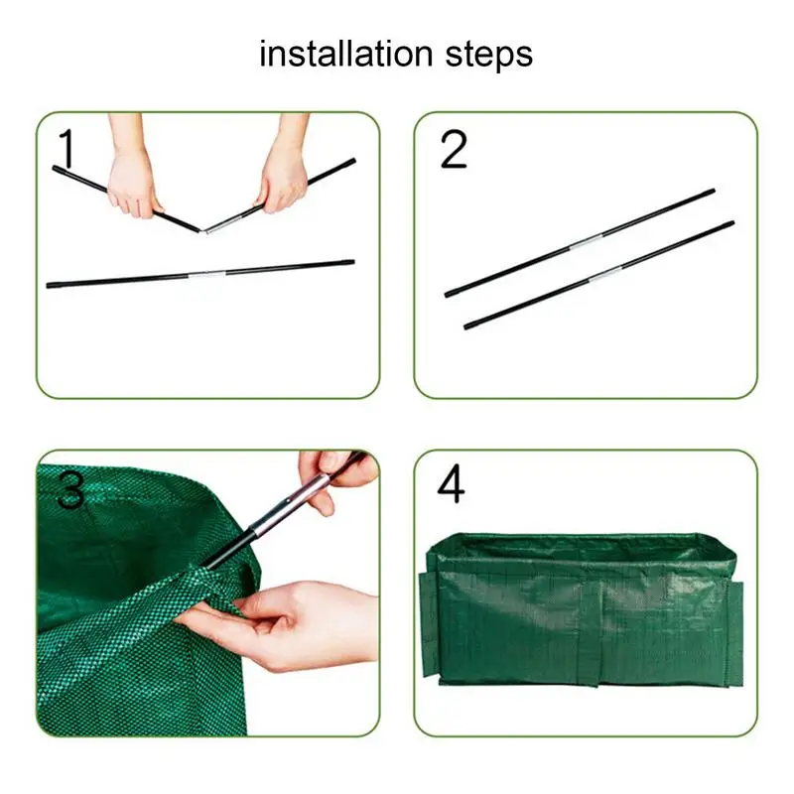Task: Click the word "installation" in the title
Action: click(x=346, y=54)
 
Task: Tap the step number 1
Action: click(x=67, y=148)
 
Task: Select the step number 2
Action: click(x=454, y=149)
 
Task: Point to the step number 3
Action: click(x=70, y=489)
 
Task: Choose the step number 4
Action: click(x=451, y=484)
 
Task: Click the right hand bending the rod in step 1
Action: click(x=284, y=168)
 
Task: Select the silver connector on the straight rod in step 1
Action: click(x=207, y=275)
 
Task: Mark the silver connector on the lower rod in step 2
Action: click(x=606, y=274)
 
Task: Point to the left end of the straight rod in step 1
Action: click(x=49, y=286)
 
